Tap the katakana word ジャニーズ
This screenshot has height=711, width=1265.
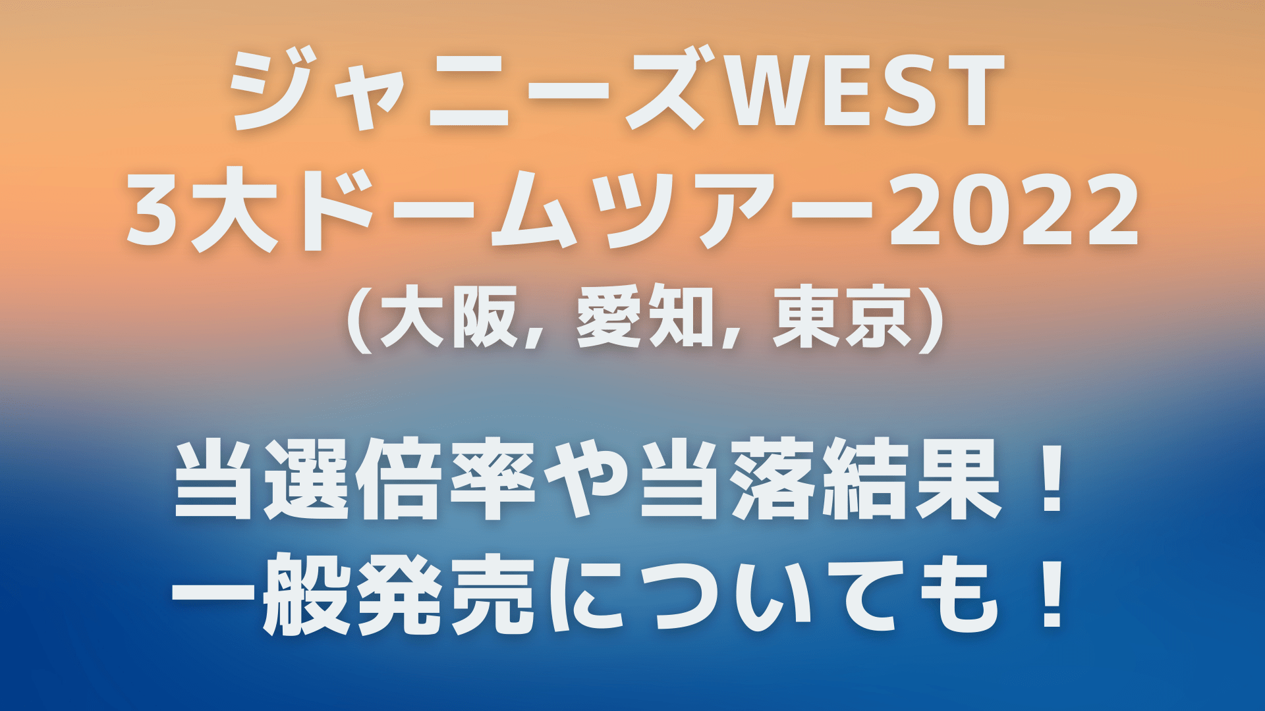pos(471,92)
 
